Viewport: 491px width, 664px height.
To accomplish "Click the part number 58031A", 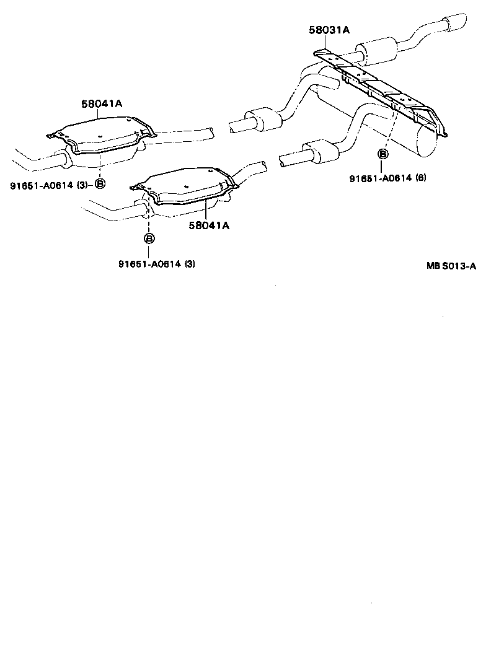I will pos(329,30).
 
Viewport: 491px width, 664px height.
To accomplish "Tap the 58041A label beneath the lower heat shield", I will pos(209,226).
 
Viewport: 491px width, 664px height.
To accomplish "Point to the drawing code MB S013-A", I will pos(451,266).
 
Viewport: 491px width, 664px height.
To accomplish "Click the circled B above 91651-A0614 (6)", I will pos(383,154).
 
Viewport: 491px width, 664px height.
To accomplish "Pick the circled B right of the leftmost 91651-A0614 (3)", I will pos(100,183).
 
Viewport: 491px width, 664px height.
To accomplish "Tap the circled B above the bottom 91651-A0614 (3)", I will pos(149,238).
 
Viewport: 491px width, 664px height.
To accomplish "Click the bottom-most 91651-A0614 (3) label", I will pos(157,264).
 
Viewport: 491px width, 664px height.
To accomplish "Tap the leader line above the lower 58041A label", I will pos(205,211).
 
